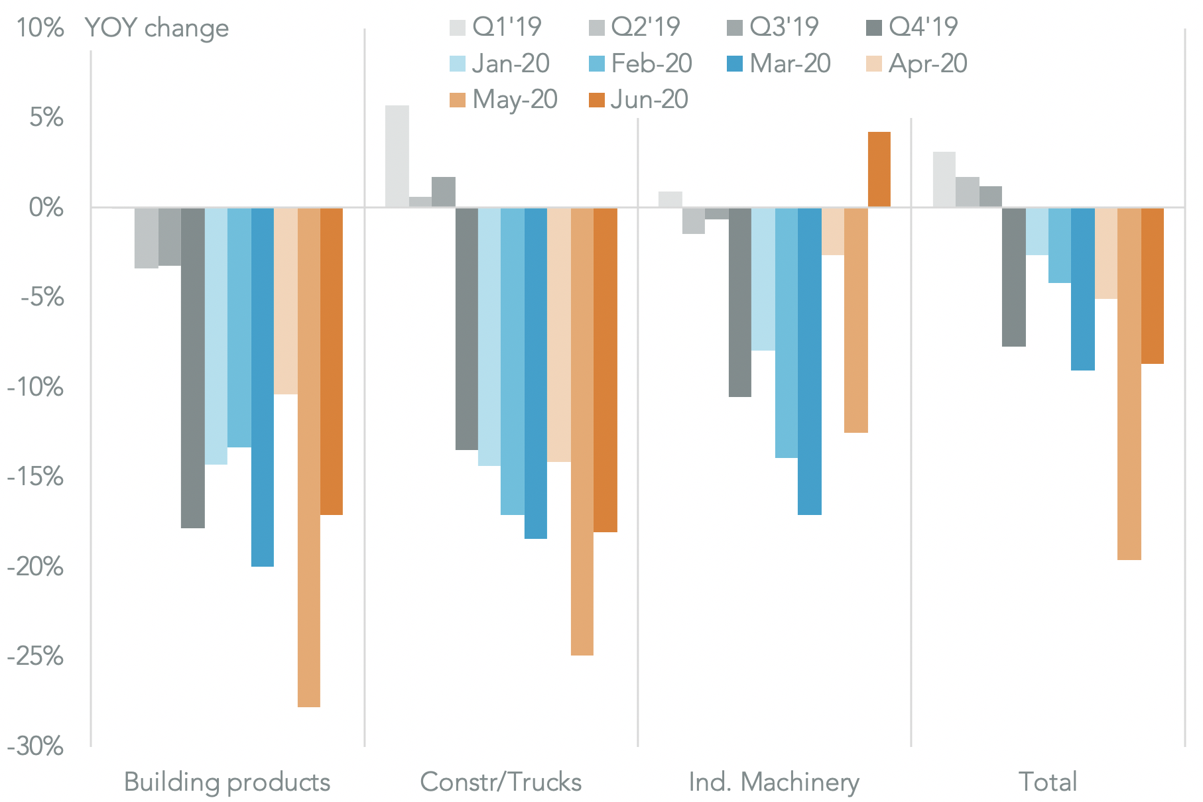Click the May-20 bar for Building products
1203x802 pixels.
[309, 457]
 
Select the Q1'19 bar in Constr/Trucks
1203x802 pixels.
[397, 156]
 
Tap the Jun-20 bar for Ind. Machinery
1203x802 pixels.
[879, 170]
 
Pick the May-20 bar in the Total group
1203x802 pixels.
[1129, 384]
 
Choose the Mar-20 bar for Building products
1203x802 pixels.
[263, 387]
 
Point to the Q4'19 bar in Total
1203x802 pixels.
[1014, 277]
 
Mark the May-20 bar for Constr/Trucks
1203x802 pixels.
[582, 431]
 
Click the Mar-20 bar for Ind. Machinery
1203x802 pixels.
[810, 361]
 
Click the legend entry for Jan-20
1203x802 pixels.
[500, 64]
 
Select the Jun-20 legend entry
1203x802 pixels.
[639, 99]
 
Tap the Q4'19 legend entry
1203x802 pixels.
[913, 27]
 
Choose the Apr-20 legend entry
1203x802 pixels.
[917, 64]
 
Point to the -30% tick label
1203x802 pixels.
[36, 746]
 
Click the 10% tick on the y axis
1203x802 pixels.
[40, 28]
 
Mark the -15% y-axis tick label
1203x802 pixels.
[36, 477]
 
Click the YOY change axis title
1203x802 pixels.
[157, 28]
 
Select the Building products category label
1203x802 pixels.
[227, 782]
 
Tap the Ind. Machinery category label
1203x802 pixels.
[774, 782]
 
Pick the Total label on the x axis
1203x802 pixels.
[1048, 782]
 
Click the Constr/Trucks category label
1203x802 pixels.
[501, 782]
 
